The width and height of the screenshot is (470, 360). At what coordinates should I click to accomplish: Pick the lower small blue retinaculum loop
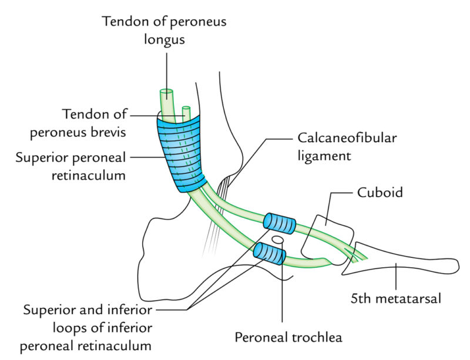tap(270, 254)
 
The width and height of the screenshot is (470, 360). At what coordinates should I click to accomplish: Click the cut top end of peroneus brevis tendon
tap(186, 109)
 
